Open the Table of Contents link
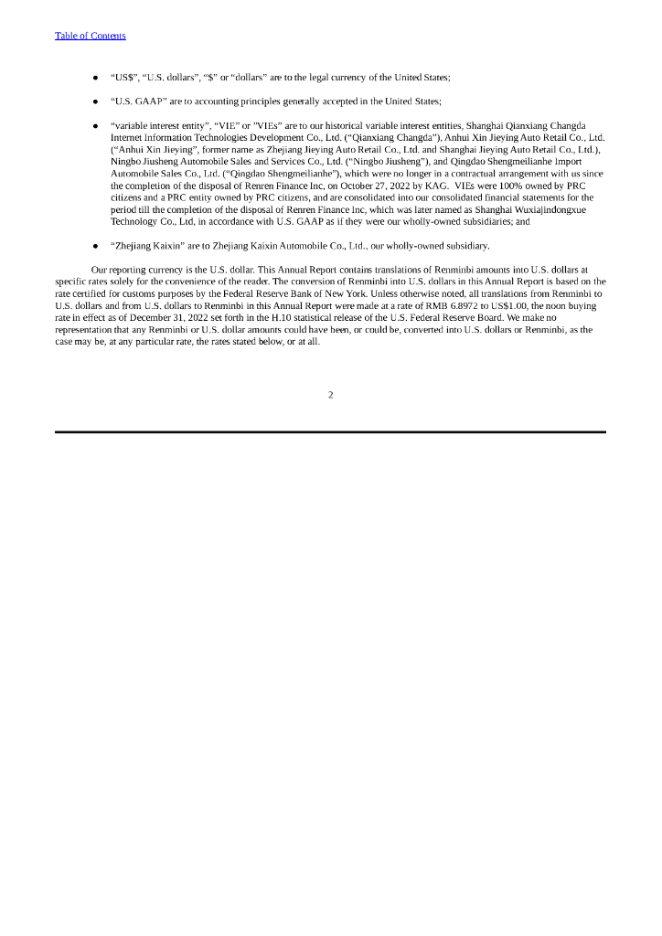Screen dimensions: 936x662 pos(91,36)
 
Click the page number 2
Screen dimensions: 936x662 pos(330,395)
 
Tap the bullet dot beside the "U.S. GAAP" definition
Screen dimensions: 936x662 pos(96,101)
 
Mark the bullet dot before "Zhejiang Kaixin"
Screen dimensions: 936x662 pos(96,246)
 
